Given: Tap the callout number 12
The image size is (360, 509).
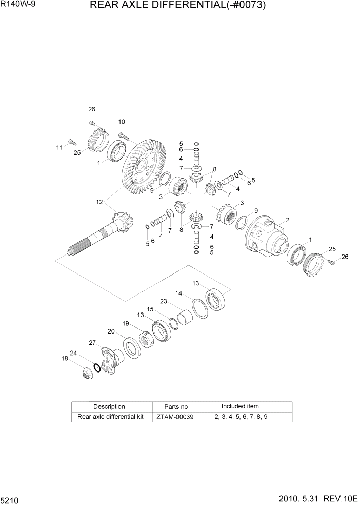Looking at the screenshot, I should coord(99,202).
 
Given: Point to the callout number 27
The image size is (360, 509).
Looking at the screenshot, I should coord(92,343).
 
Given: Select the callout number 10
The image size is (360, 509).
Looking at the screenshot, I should coord(122,122).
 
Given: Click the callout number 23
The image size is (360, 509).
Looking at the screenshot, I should coord(164,301).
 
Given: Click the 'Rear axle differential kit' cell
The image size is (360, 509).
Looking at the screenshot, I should coord(110,417).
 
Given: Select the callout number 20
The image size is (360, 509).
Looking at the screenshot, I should coord(111,331).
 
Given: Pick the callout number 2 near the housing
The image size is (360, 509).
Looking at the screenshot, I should coord(288,220).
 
